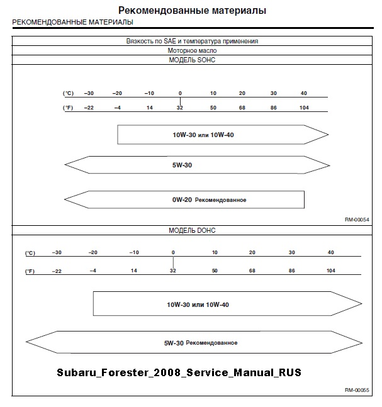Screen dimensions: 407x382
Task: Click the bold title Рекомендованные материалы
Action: (192, 11)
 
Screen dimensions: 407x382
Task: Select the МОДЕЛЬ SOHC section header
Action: (193, 60)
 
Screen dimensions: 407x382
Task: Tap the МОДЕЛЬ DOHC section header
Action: (193, 230)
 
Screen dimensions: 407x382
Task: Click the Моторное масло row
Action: (193, 50)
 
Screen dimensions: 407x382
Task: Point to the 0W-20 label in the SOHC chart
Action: (183, 200)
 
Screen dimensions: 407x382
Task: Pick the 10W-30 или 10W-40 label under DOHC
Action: (198, 304)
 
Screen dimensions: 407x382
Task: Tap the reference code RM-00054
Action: (356, 220)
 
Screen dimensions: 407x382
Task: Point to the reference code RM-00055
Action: (356, 390)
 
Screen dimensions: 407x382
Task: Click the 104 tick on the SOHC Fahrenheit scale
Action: (304, 108)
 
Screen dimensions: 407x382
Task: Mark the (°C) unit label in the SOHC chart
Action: (69, 93)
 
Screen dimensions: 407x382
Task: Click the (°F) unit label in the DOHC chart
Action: (30, 271)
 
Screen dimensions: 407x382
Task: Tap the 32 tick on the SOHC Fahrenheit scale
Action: (180, 108)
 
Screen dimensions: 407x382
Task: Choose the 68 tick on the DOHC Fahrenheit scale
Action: (252, 270)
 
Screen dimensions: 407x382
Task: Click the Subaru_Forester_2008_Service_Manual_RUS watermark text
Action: (179, 372)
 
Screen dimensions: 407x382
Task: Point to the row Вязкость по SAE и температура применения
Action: (193, 41)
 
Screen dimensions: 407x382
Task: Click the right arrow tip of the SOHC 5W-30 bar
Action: (329, 165)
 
